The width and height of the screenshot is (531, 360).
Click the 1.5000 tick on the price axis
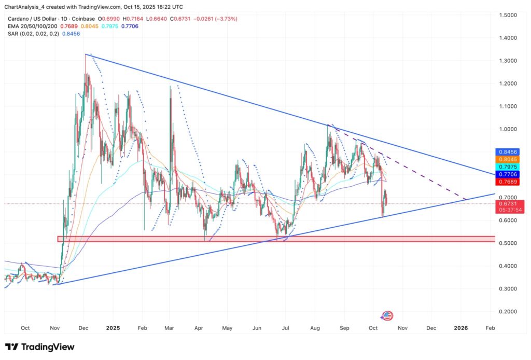[511, 15]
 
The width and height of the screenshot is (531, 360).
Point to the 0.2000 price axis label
[511, 311]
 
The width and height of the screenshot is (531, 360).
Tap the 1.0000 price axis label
[511, 129]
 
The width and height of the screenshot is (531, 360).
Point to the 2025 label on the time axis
[113, 328]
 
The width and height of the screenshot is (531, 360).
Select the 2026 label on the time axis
[460, 328]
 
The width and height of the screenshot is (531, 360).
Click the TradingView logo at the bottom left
[40, 347]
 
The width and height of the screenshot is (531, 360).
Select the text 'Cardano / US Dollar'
[32, 19]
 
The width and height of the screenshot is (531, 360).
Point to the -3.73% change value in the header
[224, 19]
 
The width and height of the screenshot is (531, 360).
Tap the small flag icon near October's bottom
[387, 315]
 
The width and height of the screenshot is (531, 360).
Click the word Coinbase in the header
[91, 19]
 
